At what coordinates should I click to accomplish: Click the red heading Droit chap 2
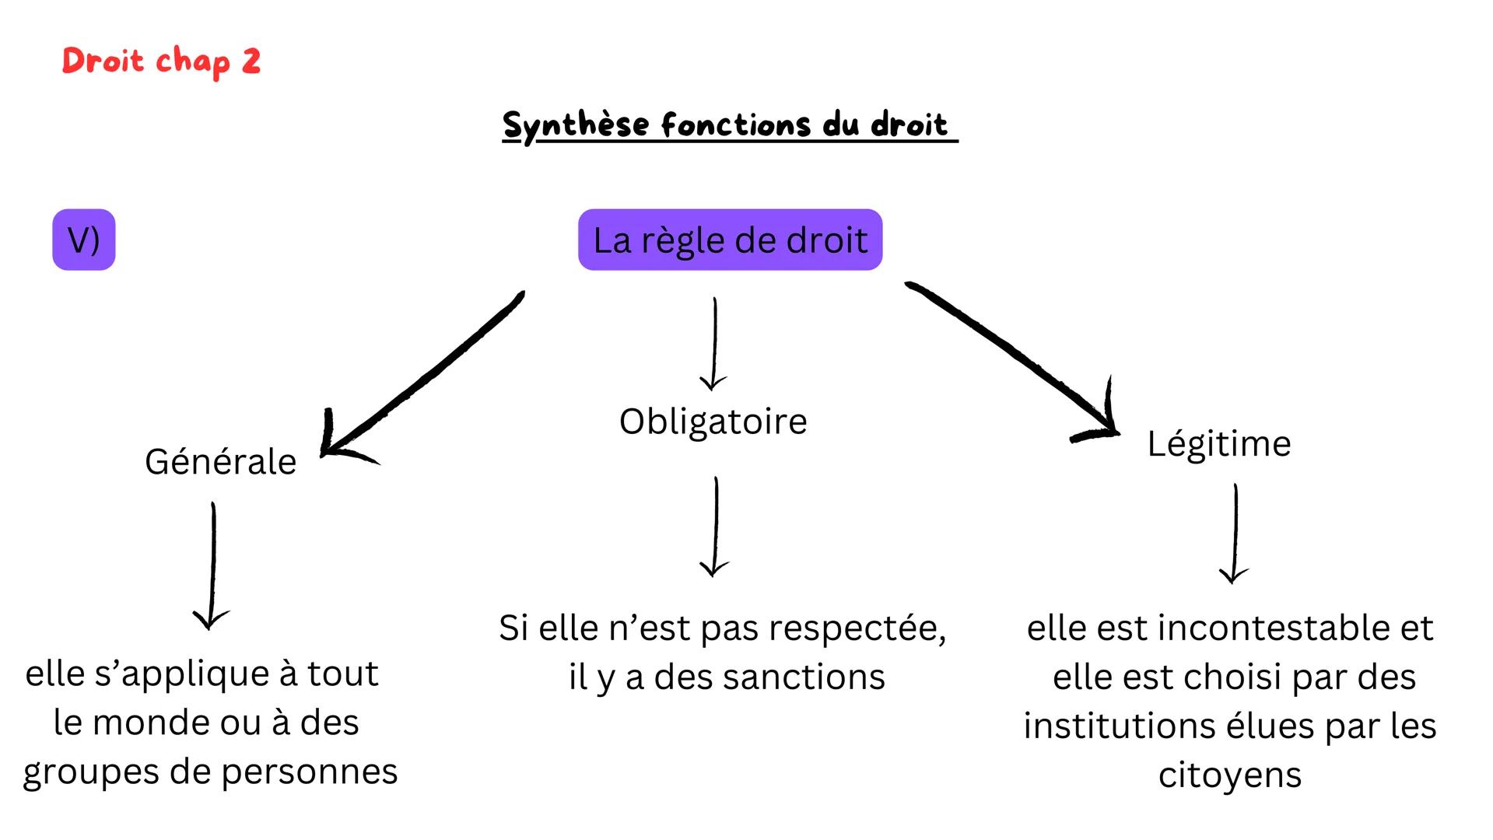coord(161,61)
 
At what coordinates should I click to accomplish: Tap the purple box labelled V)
coord(83,240)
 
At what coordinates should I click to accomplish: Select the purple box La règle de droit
coord(730,240)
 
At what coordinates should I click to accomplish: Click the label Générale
coord(220,462)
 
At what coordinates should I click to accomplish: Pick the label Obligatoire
coord(713,422)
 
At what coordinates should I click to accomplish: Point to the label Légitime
coord(1218,444)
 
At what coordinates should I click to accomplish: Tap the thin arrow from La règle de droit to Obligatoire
coord(714,342)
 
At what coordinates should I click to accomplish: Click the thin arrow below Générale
coord(212,564)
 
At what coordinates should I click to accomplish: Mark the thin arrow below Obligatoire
coord(715,526)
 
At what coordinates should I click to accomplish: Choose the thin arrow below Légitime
coord(1235,533)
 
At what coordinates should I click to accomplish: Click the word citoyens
coord(1229,776)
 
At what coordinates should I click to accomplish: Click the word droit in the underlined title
coord(909,124)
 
